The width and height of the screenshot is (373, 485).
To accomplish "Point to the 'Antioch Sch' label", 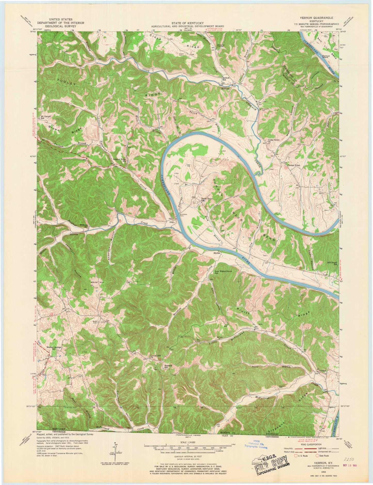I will [x=227, y=79].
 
